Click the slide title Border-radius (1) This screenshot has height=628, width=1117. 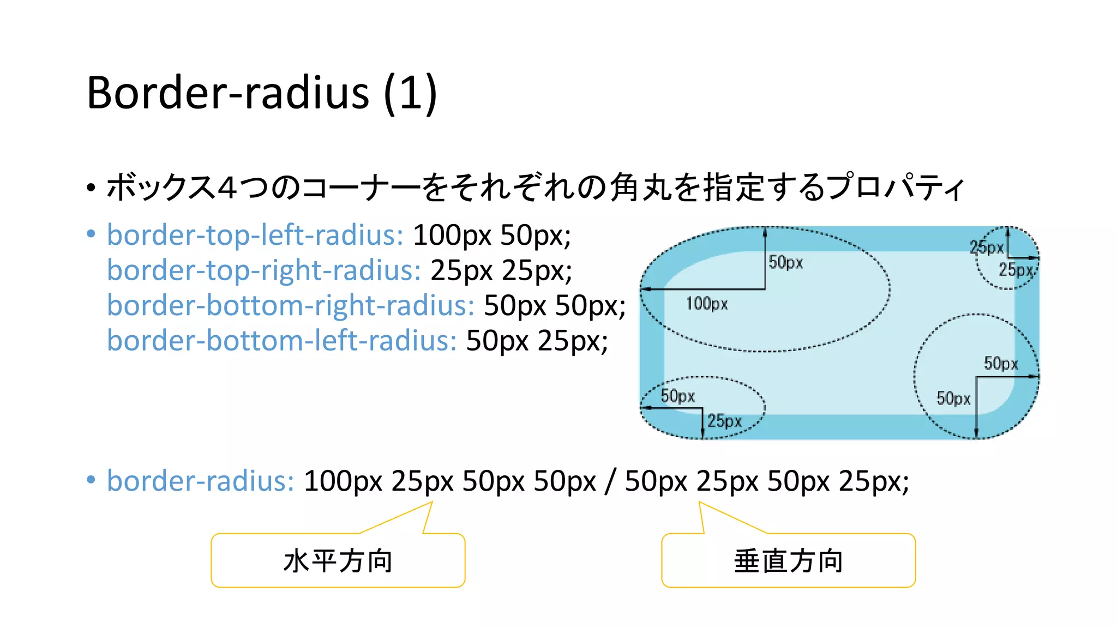tap(262, 93)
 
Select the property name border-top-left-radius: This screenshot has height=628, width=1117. tap(255, 235)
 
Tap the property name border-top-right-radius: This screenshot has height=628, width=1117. tap(263, 270)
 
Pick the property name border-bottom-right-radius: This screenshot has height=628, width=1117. tap(290, 305)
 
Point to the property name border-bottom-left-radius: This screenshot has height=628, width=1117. tap(281, 341)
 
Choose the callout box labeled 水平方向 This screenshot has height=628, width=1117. tap(338, 560)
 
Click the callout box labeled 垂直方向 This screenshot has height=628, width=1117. tap(788, 560)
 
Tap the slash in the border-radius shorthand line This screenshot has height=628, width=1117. tap(610, 481)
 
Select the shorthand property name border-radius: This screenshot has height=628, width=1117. tap(200, 481)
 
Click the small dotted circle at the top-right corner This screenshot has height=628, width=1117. tap(1007, 257)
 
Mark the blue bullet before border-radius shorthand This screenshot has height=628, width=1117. tap(91, 480)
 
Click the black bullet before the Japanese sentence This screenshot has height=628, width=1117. tap(91, 188)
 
